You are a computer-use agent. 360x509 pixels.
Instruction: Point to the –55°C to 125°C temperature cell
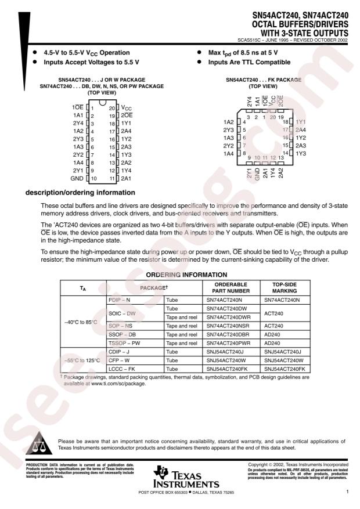point(83,359)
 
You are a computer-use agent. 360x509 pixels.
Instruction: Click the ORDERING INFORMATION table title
point(194,274)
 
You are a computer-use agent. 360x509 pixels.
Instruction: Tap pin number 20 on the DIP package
point(113,108)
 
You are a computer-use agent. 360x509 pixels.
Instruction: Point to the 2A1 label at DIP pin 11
point(127,179)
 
